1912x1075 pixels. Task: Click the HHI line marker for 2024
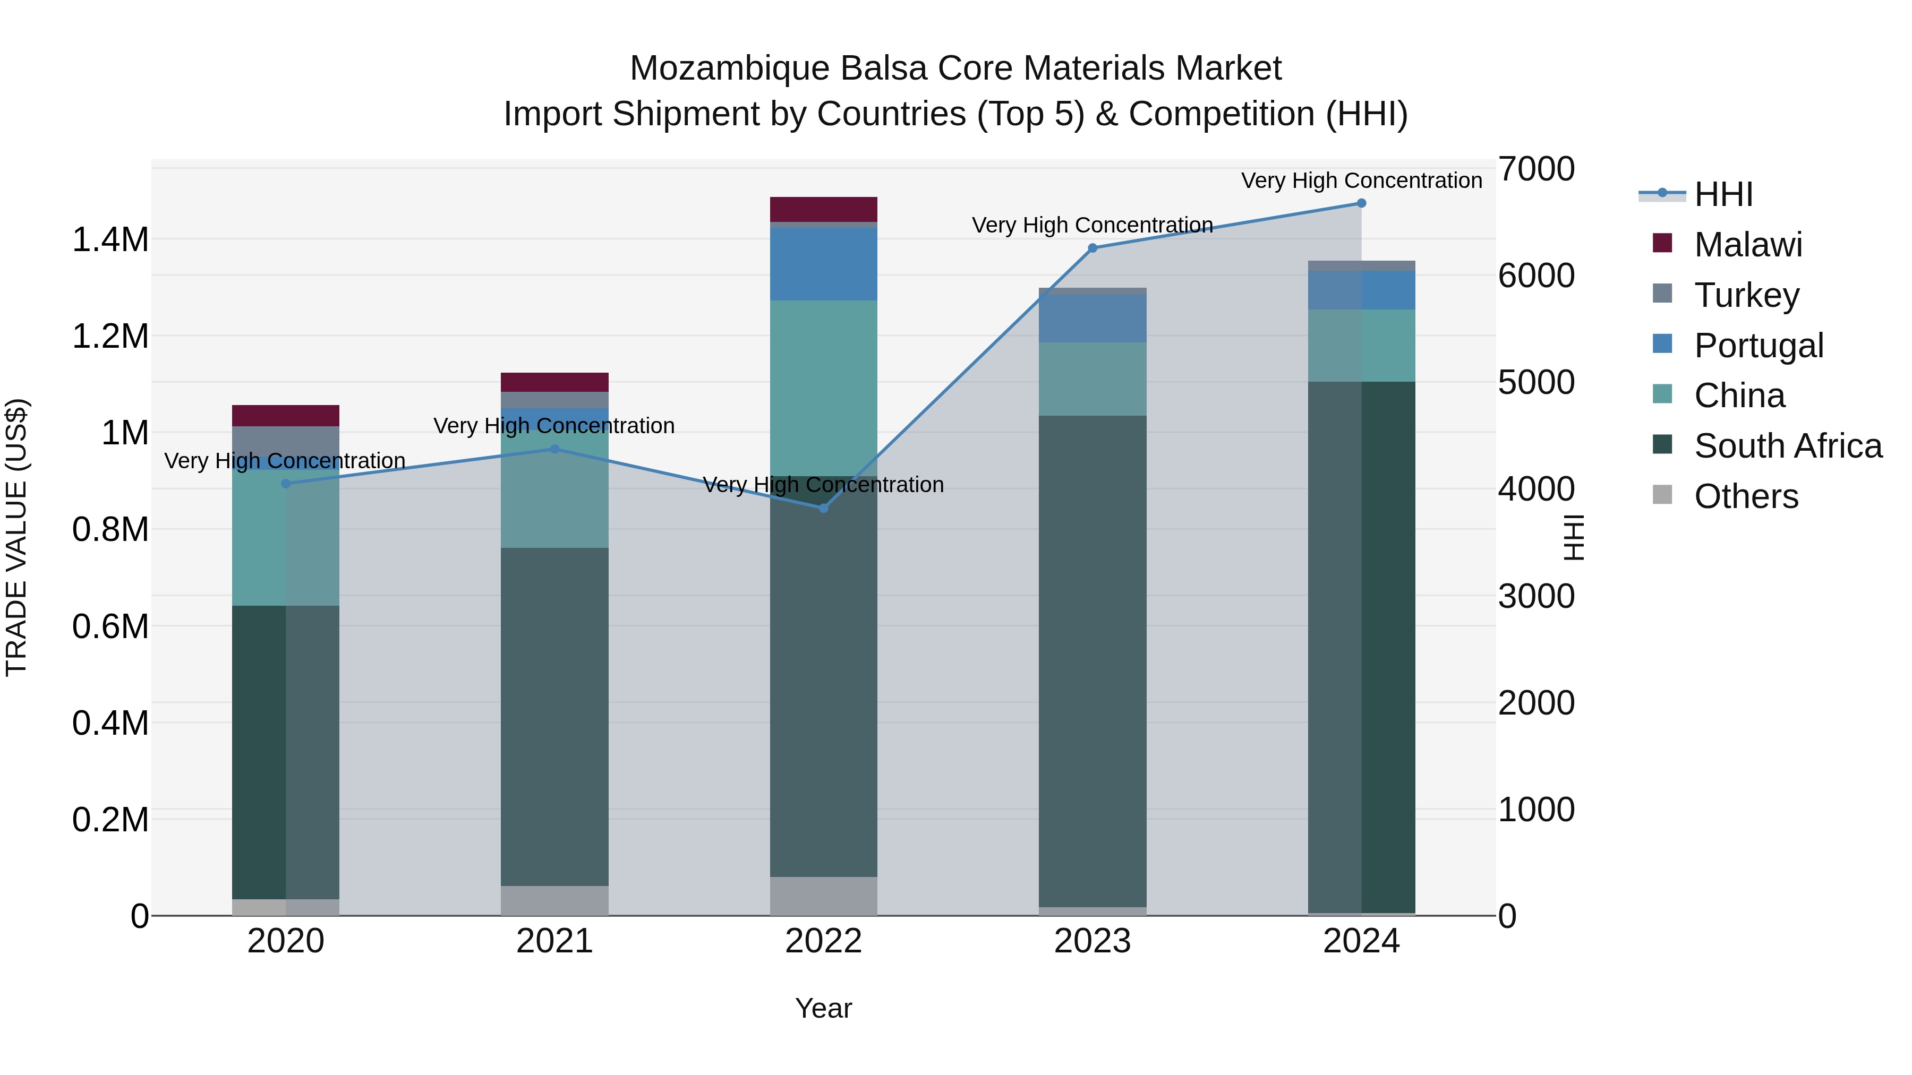(x=1361, y=203)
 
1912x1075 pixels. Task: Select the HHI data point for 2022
(x=823, y=508)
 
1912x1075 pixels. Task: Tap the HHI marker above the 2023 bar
(x=1092, y=248)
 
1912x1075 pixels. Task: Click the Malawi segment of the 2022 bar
(x=823, y=209)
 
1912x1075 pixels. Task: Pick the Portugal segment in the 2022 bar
(x=823, y=264)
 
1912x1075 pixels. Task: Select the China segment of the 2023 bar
(x=1092, y=379)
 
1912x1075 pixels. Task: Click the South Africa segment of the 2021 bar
(x=554, y=717)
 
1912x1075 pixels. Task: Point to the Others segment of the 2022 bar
(x=823, y=896)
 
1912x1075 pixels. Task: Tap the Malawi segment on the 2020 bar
(x=286, y=416)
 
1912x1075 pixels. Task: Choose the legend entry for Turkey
(x=1746, y=295)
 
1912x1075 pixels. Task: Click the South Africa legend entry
(x=1787, y=446)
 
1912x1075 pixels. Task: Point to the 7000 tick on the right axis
(x=1535, y=169)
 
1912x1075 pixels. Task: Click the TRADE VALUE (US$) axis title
(x=16, y=537)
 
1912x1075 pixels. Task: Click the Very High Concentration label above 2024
(x=1361, y=180)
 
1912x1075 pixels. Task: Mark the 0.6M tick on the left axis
(x=110, y=627)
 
